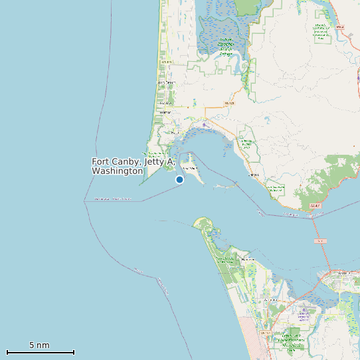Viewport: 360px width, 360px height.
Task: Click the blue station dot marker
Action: pyautogui.click(x=179, y=179)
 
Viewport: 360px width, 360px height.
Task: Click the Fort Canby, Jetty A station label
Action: pyautogui.click(x=133, y=166)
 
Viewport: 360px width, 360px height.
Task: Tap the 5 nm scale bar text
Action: pyautogui.click(x=39, y=345)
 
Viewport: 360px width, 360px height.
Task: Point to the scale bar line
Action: pyautogui.click(x=40, y=352)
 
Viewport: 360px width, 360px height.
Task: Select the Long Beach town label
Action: pyautogui.click(x=163, y=83)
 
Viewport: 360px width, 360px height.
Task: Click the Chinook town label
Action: pyautogui.click(x=253, y=175)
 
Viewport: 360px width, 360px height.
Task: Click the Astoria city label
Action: pyautogui.click(x=343, y=273)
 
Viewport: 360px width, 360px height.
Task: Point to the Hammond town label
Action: pyautogui.click(x=248, y=259)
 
